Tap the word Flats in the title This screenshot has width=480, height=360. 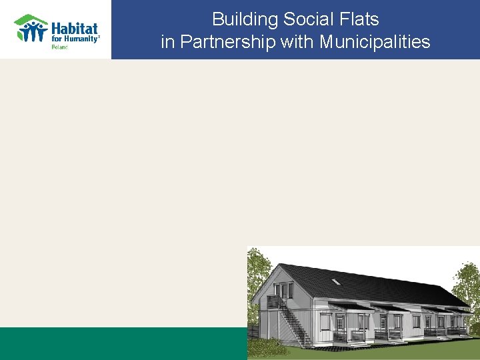point(358,19)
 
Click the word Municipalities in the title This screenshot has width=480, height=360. point(375,42)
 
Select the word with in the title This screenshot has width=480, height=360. point(297,42)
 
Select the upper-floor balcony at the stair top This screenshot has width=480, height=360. point(275,301)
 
